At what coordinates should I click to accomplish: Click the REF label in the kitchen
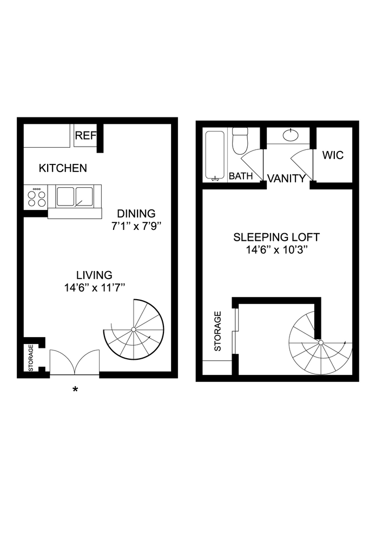coord(85,136)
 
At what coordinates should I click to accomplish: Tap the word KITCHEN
coord(63,168)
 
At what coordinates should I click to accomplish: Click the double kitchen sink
coord(75,196)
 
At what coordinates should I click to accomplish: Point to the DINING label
coord(136,214)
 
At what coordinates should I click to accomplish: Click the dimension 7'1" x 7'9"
coord(136,227)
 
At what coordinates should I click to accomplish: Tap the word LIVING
coord(94,275)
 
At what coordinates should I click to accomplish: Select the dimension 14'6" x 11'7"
coord(95,288)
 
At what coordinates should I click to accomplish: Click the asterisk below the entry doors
coord(75,390)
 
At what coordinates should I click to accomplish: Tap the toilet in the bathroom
coord(239,140)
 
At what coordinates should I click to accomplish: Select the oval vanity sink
coord(292,134)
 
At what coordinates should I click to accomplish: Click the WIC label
coord(333,156)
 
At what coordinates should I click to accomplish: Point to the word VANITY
coord(286,179)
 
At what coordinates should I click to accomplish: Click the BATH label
coord(241,176)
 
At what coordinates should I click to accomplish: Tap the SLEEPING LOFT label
coord(276,237)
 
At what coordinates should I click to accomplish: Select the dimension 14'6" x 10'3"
coord(276,250)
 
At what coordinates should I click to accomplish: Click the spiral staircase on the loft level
coord(320,342)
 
